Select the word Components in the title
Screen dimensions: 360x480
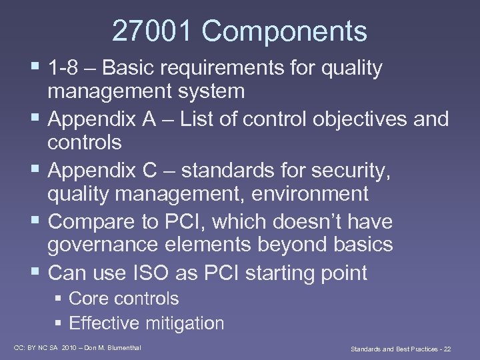pos(285,31)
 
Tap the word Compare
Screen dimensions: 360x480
pos(91,221)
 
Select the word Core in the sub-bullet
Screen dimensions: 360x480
pos(88,299)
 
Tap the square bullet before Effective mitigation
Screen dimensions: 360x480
pos(58,323)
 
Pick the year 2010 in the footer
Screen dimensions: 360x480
pos(69,347)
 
